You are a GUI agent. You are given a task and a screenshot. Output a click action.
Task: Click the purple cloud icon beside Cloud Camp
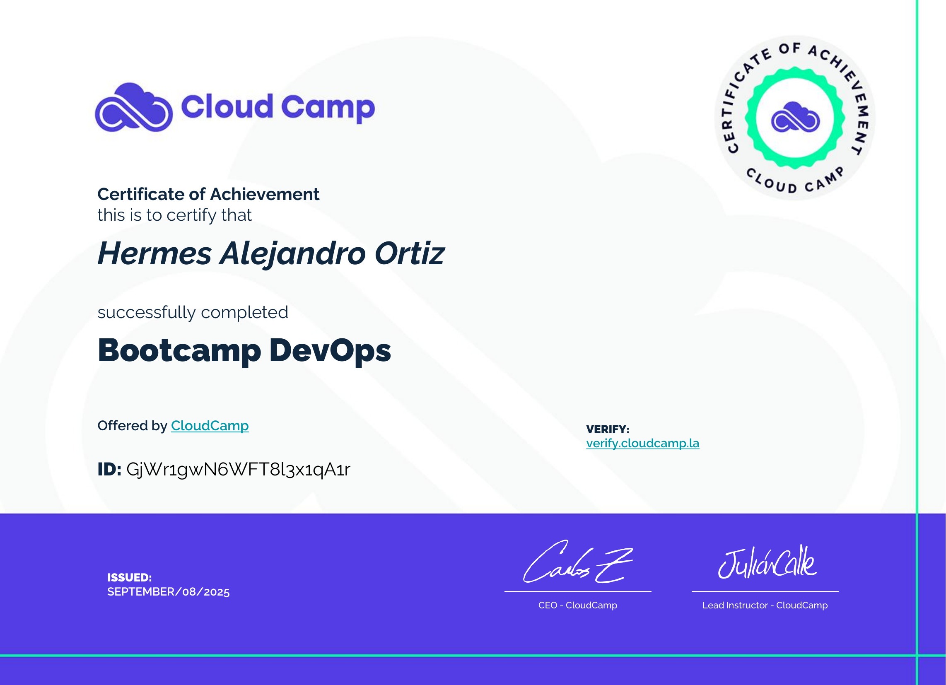(134, 107)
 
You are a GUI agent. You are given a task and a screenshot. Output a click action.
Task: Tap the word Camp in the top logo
(328, 108)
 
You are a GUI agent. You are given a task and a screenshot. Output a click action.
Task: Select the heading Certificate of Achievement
(208, 194)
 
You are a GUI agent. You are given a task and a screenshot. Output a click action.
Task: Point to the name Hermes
(155, 253)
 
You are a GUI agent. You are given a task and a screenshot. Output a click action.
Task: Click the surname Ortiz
(410, 253)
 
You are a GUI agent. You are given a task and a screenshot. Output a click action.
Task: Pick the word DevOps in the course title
(330, 350)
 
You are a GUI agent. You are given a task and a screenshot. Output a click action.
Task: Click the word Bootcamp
(179, 350)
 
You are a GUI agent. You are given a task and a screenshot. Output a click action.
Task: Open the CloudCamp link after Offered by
(210, 425)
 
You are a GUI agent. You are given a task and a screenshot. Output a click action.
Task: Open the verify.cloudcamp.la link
(643, 443)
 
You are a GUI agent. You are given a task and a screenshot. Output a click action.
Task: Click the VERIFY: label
(607, 429)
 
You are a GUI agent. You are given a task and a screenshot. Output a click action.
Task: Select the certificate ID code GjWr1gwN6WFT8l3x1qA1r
(238, 470)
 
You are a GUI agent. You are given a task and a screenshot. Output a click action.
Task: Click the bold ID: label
(109, 469)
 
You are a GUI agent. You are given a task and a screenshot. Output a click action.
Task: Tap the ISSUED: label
(129, 577)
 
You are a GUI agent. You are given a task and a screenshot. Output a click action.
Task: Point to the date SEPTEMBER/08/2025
(169, 592)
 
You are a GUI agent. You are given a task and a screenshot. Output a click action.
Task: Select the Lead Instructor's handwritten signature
(767, 562)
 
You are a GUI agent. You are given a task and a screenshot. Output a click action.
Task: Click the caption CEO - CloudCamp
(578, 605)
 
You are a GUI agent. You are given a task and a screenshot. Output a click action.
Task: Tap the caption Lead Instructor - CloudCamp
(765, 605)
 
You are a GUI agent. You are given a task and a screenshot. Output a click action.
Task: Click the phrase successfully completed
(193, 312)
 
